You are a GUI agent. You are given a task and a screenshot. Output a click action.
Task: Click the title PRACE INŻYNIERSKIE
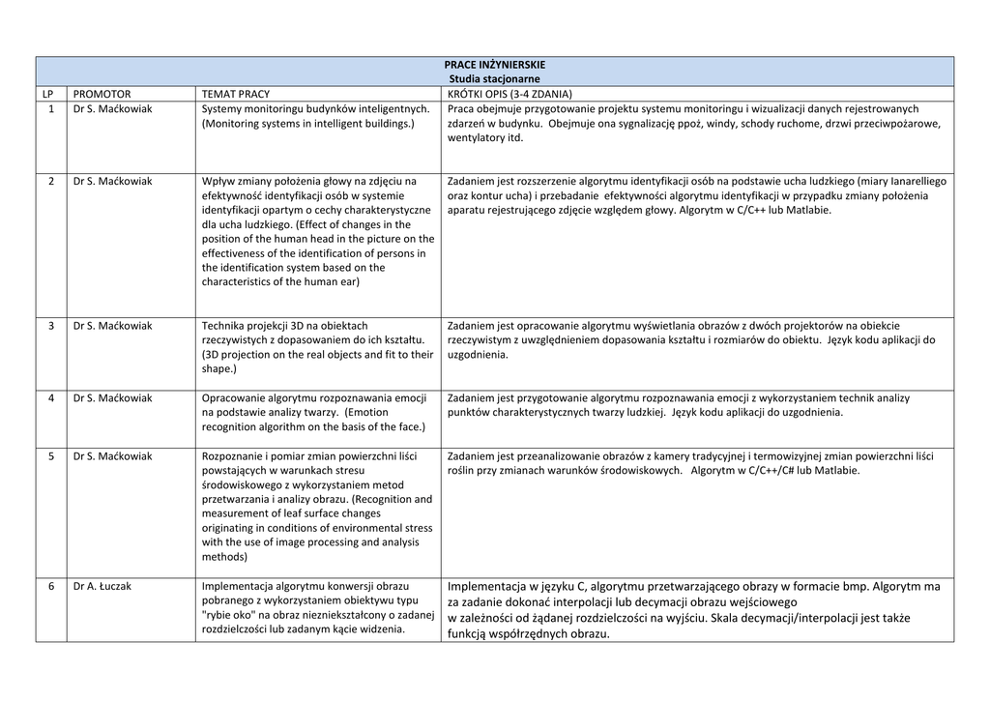coord(494,65)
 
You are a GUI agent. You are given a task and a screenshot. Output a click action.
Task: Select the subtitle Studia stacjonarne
coord(494,78)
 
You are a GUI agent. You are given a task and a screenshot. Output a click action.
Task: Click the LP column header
coord(48,94)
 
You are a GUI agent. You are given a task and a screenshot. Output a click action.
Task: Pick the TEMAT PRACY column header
coord(235,94)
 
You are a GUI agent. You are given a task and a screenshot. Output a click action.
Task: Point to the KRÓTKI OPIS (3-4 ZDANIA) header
coord(510,94)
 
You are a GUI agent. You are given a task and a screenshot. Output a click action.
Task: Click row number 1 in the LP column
coord(50,109)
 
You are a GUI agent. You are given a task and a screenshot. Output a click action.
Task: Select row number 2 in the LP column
coord(50,181)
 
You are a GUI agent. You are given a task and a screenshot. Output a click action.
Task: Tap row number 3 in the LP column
coord(50,326)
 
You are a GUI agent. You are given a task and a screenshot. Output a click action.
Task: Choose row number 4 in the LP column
coord(50,398)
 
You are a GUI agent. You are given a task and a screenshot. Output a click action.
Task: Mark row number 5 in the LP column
coord(50,456)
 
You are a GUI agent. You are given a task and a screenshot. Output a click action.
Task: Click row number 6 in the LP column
coord(50,586)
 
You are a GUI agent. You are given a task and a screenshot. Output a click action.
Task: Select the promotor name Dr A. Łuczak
coord(103,586)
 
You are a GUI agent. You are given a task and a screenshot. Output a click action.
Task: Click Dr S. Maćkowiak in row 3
coord(112,326)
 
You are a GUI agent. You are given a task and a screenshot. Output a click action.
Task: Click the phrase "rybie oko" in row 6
coord(229,615)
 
